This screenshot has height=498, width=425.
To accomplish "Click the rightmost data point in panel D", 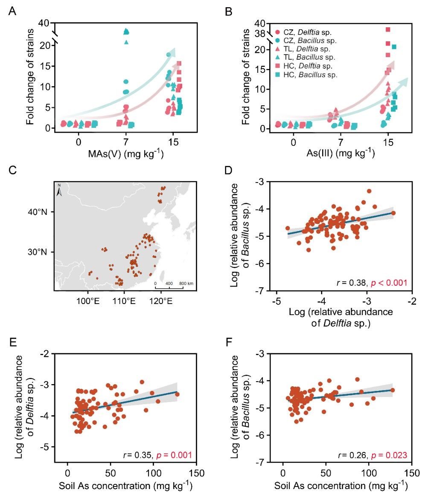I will coord(393,213).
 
